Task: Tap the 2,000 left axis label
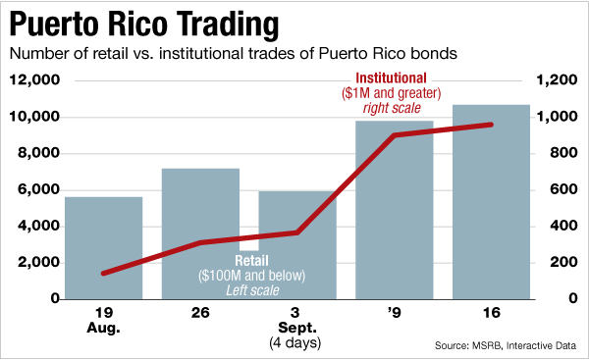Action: point(35,263)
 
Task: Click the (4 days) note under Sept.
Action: point(296,344)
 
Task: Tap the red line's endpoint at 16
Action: point(491,125)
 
